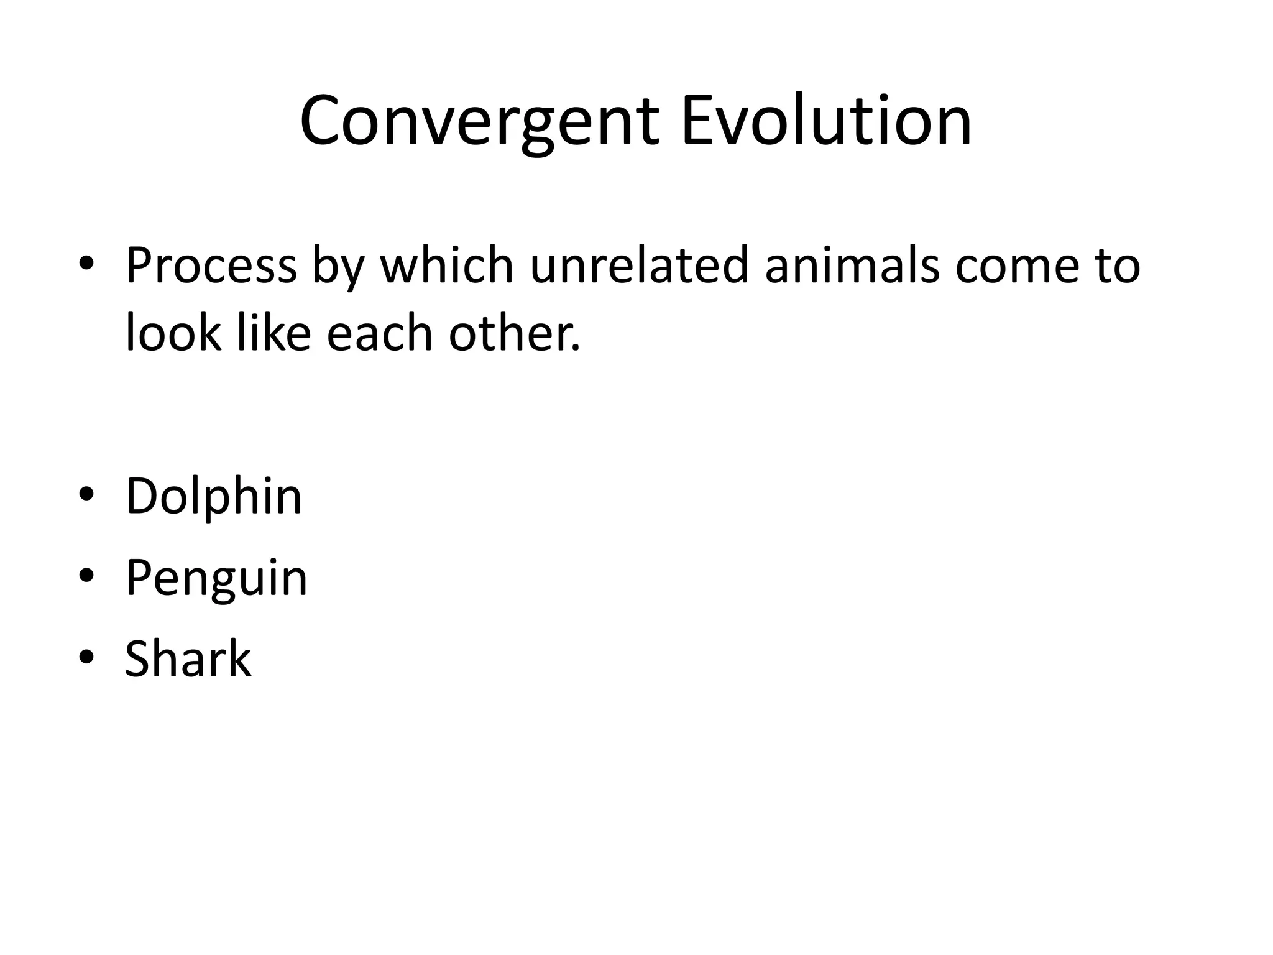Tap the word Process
click(211, 265)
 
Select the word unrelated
click(640, 265)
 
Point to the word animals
click(852, 265)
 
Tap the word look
click(173, 333)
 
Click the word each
click(379, 333)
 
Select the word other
click(513, 333)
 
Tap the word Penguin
click(216, 578)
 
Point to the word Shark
click(188, 658)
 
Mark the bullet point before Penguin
click(86, 576)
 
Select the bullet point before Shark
click(86, 657)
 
